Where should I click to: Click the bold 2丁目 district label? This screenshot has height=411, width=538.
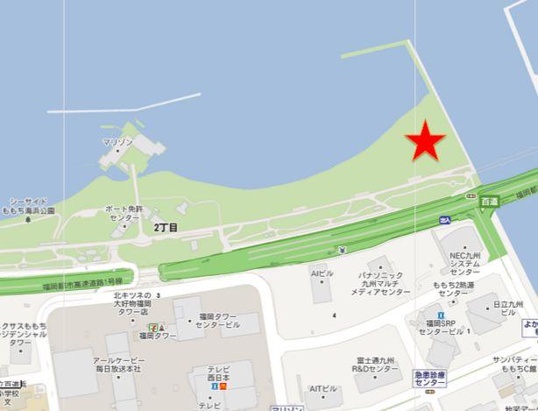pos(166,228)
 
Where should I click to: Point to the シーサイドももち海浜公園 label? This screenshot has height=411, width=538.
pos(28,206)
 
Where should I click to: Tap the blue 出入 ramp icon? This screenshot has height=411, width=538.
pos(445,220)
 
